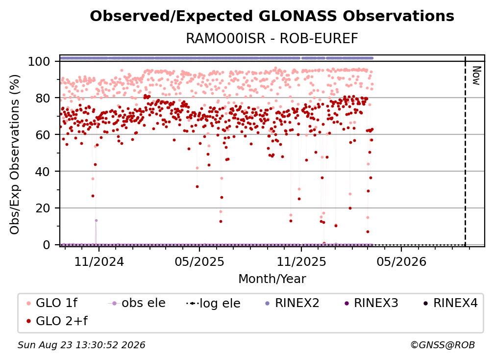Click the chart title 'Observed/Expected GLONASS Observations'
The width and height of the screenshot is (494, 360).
coord(272,16)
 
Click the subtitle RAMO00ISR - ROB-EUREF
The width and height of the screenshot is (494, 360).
coord(272,38)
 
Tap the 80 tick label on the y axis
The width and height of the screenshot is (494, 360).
coord(43,98)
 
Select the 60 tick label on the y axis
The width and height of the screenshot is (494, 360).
coord(43,134)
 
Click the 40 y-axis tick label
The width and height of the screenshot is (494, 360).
coord(43,172)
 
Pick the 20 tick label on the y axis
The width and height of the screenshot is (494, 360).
coord(43,208)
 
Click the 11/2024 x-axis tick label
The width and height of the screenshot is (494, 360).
coord(99,261)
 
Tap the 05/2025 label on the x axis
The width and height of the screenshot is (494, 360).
coord(199,261)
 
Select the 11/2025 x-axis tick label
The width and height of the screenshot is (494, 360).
coord(301,261)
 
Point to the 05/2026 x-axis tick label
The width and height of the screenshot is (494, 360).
coord(401,261)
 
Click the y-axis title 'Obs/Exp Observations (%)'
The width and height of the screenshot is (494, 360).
coord(15,154)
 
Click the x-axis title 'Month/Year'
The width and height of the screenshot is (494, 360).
coord(272,279)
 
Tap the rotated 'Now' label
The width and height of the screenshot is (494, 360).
coord(476,76)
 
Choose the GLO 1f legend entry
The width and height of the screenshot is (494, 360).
coord(52,303)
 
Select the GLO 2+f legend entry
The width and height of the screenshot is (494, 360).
coord(57,321)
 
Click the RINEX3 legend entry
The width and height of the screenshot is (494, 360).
coord(371,303)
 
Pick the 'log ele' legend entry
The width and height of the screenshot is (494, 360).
coord(213,303)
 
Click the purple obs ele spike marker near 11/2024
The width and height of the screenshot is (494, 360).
coord(96,220)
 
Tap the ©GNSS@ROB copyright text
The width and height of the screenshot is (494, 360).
coord(443,345)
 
